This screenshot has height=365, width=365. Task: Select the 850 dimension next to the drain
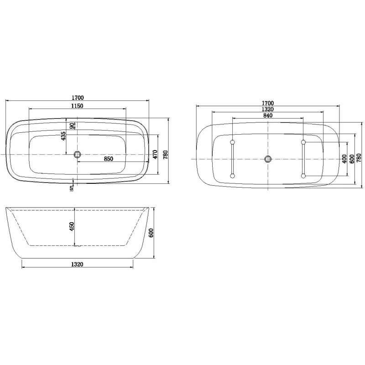pyautogui.click(x=109, y=159)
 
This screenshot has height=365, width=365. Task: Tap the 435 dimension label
pyautogui.click(x=64, y=136)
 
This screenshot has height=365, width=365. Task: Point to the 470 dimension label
pyautogui.click(x=155, y=154)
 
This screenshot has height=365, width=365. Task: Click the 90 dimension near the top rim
pyautogui.click(x=72, y=125)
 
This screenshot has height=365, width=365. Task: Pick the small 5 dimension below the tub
pyautogui.click(x=72, y=188)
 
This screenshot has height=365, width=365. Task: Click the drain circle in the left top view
pyautogui.click(x=77, y=154)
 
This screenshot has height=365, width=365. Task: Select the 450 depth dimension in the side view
pyautogui.click(x=72, y=227)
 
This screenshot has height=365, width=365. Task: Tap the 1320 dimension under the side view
pyautogui.click(x=77, y=264)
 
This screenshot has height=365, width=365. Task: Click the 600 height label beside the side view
pyautogui.click(x=151, y=233)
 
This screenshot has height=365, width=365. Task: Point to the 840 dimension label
pyautogui.click(x=268, y=115)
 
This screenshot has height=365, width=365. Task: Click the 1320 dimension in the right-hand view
pyautogui.click(x=268, y=109)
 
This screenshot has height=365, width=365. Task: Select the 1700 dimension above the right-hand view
pyautogui.click(x=268, y=103)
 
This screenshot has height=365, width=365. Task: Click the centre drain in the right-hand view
pyautogui.click(x=268, y=159)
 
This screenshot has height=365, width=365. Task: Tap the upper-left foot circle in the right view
pyautogui.click(x=233, y=142)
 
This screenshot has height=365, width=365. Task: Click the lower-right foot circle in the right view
pyautogui.click(x=303, y=175)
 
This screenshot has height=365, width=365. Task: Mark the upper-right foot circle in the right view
pyautogui.click(x=303, y=142)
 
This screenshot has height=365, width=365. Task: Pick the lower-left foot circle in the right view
pyautogui.click(x=233, y=175)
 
